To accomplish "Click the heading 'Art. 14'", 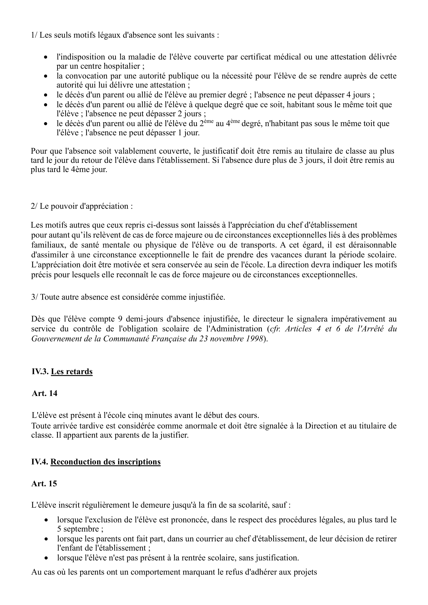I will point(45,393).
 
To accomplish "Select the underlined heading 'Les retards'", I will point(72,371).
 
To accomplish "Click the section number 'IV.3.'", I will point(40,371).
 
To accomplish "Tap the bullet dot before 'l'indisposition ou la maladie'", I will point(46,57).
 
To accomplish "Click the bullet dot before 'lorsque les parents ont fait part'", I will point(46,539).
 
